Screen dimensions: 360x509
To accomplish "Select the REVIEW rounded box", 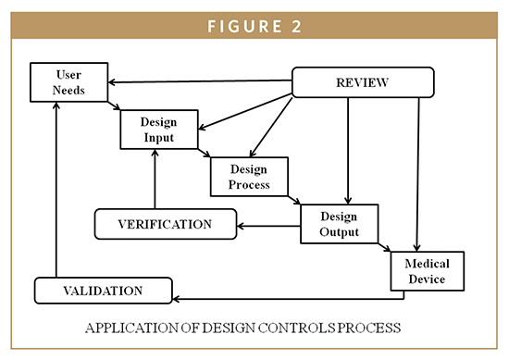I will tap(363, 82).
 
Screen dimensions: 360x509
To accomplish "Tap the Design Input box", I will tap(158, 130).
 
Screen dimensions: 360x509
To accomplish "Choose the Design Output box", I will tap(340, 223).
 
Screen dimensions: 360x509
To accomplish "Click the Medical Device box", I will tap(425, 270).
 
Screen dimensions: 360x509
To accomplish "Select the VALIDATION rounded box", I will tap(103, 291).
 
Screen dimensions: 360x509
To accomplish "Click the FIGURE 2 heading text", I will tap(254, 24).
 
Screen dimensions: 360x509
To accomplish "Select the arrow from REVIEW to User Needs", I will tap(199, 81).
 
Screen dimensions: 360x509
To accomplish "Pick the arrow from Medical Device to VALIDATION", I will tap(287, 298).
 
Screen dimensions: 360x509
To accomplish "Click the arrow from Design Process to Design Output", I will tap(294, 198).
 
